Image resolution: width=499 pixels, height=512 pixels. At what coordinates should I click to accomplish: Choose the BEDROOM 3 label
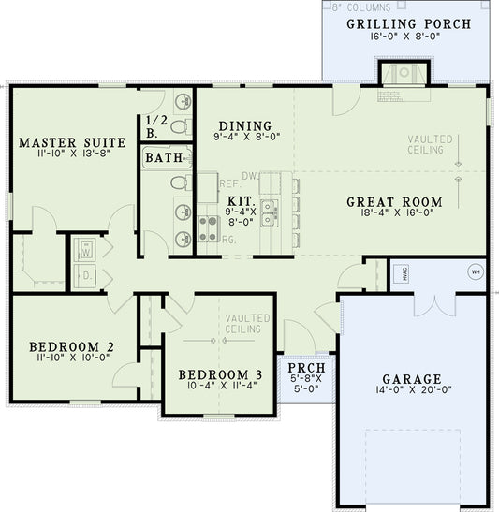click(221, 375)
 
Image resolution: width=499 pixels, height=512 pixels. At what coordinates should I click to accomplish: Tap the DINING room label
click(245, 126)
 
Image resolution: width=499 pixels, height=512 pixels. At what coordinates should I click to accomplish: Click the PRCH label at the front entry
click(306, 368)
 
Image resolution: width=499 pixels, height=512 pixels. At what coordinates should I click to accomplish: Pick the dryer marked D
click(86, 276)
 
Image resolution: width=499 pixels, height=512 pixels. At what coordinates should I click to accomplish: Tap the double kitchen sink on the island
click(270, 213)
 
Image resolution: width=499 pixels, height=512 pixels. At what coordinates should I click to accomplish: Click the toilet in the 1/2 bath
click(180, 124)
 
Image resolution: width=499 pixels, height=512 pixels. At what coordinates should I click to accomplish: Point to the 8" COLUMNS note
click(361, 7)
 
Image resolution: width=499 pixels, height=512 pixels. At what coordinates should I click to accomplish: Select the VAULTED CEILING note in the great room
click(431, 145)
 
